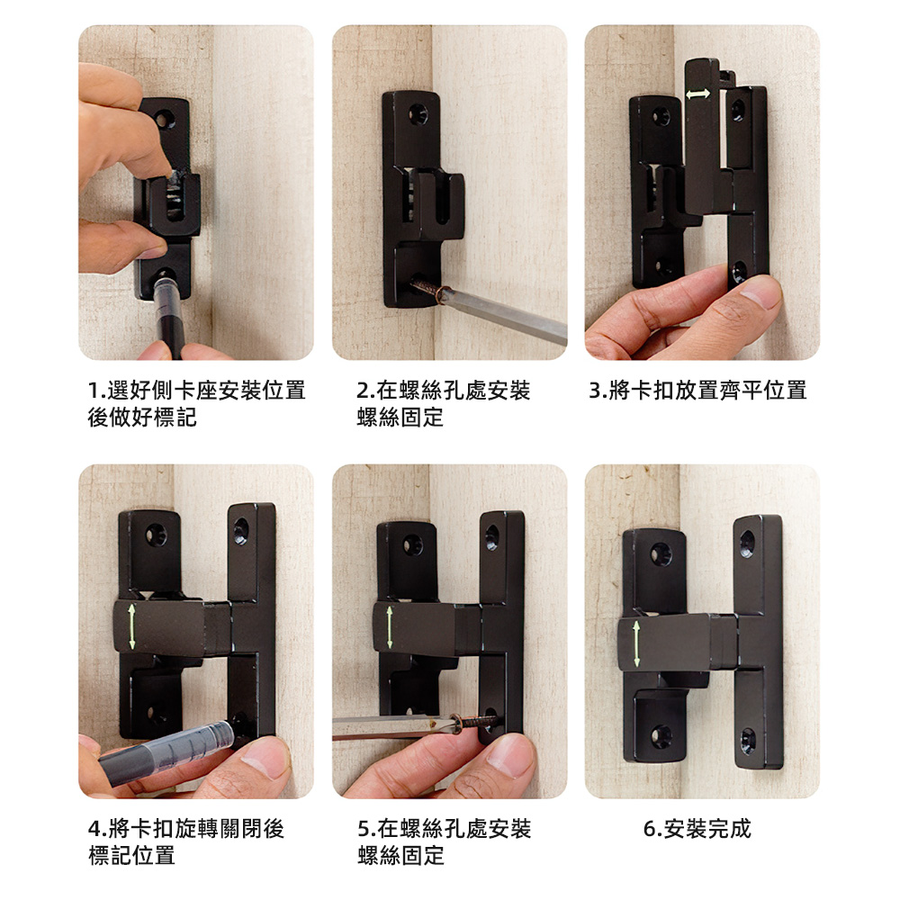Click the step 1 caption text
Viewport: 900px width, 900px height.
coord(196,403)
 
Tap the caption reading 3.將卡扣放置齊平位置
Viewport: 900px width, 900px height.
coord(697,390)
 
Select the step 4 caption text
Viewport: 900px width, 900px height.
coord(185,841)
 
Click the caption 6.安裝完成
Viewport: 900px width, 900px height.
coord(697,828)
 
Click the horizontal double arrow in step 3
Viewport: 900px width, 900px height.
coord(698,94)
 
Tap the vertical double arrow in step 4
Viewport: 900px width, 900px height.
coord(132,626)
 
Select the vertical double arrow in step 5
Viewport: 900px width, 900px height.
coord(389,627)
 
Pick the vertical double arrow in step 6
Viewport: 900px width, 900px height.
coord(636,643)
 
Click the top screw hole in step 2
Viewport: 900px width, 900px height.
coord(417,113)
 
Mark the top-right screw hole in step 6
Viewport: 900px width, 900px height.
coord(746,544)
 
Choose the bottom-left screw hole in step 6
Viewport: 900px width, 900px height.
coord(661,736)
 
